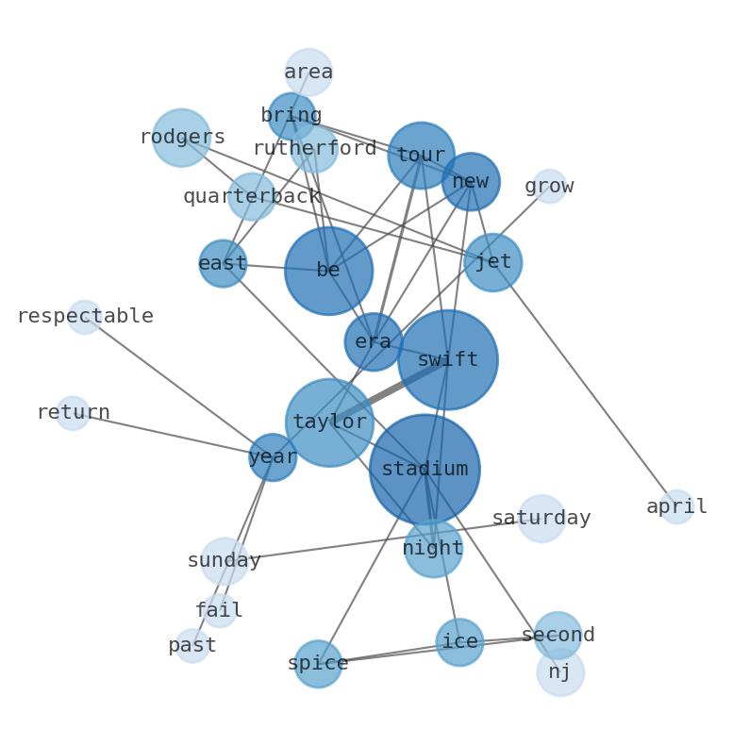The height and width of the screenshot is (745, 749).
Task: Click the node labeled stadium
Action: (424, 469)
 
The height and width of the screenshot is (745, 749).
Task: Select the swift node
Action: (447, 359)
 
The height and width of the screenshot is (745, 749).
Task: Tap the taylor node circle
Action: (329, 422)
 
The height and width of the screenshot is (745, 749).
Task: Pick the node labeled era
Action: (374, 341)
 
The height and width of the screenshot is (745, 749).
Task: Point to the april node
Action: (676, 506)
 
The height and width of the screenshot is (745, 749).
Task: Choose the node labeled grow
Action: (549, 186)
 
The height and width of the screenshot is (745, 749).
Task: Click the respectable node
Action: (85, 317)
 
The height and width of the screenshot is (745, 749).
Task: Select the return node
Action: (73, 413)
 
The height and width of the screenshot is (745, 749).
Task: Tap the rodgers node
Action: (181, 138)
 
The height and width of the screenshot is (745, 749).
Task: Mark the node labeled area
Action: (308, 73)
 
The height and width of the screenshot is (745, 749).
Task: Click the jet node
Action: (492, 262)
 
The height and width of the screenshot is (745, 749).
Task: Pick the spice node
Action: (318, 664)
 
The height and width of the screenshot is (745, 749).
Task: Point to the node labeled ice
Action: (459, 642)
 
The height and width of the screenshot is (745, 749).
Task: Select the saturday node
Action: (541, 519)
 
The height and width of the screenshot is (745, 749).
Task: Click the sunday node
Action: (224, 561)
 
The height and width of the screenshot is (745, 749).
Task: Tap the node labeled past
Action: (192, 646)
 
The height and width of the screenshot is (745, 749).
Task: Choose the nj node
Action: (560, 672)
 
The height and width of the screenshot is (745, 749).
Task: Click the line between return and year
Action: (170, 435)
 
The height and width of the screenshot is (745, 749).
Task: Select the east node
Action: (223, 263)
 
